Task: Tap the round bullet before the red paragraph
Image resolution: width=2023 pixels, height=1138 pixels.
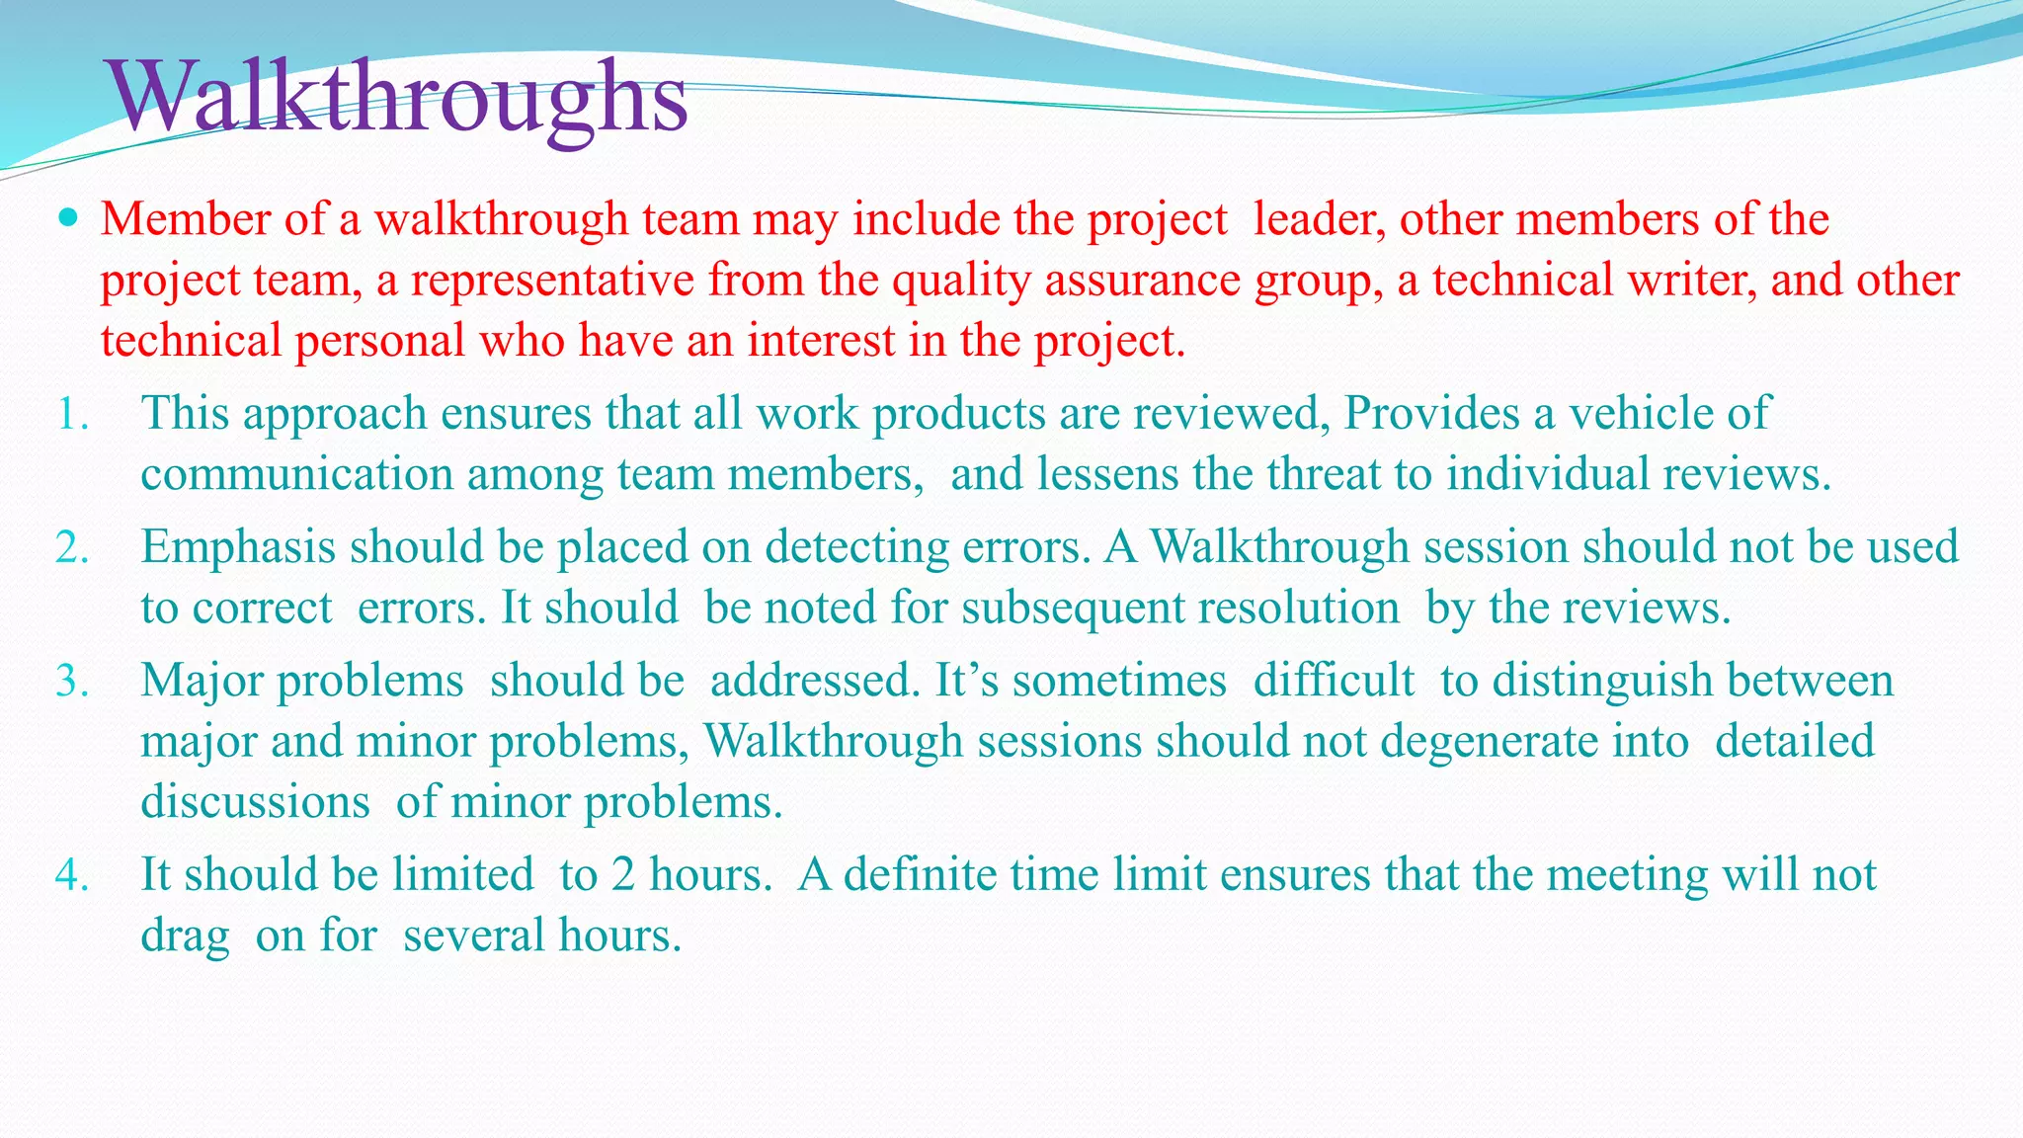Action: [x=67, y=216]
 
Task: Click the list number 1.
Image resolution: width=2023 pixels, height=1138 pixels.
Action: [x=71, y=414]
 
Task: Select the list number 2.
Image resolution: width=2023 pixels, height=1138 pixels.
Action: [x=72, y=547]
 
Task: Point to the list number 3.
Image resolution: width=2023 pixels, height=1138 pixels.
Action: [x=72, y=682]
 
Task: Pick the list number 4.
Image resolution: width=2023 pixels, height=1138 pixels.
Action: [x=72, y=875]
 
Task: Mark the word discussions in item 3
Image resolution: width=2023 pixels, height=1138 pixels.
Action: [x=255, y=802]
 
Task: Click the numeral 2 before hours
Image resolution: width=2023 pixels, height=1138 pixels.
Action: [x=622, y=875]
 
